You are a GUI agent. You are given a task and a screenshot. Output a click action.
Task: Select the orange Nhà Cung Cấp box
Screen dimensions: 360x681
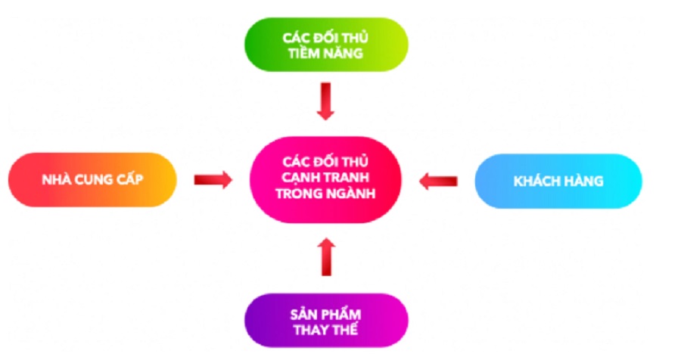tap(92, 180)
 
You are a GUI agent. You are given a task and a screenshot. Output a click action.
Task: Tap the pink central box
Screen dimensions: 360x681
tap(325, 179)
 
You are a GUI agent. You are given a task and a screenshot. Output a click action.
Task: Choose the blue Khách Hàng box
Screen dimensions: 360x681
tap(558, 181)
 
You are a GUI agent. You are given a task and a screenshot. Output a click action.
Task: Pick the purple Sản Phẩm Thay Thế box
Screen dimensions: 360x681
tap(325, 321)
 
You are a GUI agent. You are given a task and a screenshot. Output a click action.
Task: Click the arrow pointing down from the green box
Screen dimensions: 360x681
tap(325, 101)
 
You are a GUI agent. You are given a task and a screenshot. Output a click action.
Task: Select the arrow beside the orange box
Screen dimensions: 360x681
tap(213, 180)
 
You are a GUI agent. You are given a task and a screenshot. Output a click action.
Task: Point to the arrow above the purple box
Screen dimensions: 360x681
tap(325, 258)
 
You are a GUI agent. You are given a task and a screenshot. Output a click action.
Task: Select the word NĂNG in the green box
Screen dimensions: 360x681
tap(343, 54)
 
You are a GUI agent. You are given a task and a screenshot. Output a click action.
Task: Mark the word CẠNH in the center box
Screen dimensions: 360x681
tap(299, 179)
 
